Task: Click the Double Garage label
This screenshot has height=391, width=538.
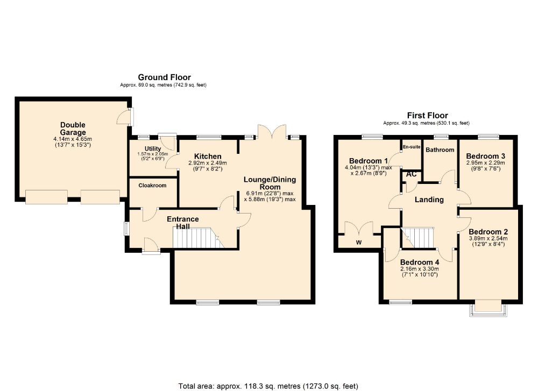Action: pos(73,129)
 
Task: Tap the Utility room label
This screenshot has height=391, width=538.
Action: pos(153,148)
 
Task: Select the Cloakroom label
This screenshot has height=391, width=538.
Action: pos(152,185)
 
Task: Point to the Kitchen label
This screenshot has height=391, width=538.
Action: pos(208,157)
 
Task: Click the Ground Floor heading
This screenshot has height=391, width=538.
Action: pos(164,77)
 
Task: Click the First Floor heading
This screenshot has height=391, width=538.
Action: pos(428,116)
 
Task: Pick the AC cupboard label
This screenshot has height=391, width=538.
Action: pos(412,174)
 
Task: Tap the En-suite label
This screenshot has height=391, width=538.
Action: pos(412,147)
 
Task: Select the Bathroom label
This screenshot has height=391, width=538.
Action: pos(440,150)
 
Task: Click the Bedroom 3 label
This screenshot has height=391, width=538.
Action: pos(485,156)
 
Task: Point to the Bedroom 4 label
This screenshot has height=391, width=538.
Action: pos(419,262)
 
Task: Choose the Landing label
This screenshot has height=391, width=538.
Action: pos(429,200)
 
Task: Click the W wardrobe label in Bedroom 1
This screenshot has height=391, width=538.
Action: pos(359,243)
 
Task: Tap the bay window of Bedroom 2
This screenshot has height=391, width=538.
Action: pos(488,309)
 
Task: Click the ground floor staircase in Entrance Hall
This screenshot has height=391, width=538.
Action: pos(198,237)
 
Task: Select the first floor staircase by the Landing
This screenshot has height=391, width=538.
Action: pos(418,237)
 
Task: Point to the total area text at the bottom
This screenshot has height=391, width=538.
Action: pos(268,386)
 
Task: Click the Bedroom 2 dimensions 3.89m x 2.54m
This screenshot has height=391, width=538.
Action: pos(489,238)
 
